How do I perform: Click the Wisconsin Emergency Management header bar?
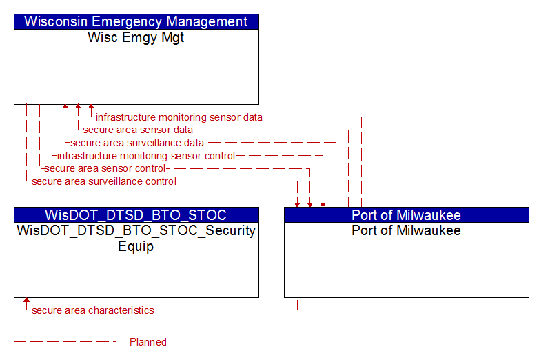pos(136,21)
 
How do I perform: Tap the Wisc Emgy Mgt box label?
pos(136,37)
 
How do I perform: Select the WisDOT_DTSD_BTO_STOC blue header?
pos(136,215)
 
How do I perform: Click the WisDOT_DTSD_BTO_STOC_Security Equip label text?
pos(136,238)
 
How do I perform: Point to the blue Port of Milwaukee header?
pos(407,215)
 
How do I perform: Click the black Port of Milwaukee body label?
pos(406,230)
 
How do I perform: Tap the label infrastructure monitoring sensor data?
pos(179,117)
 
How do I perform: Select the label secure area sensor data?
pos(137,130)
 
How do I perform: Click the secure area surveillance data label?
pos(137,143)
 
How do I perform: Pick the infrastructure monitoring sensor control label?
pos(146,156)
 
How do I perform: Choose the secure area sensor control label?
pos(105,168)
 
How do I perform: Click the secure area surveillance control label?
pos(104,181)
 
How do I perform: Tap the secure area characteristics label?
pos(93,310)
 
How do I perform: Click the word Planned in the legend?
pos(148,342)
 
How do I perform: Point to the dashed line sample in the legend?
pos(65,342)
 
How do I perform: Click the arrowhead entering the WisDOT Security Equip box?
pos(26,300)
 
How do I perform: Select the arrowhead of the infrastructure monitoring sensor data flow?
pos(91,107)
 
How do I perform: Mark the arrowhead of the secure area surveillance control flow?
pos(297,205)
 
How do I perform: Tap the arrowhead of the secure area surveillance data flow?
pos(65,107)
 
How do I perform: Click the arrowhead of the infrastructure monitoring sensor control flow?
pos(323,205)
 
